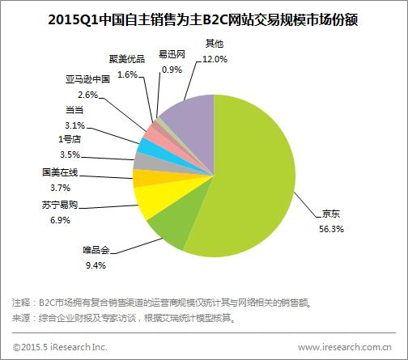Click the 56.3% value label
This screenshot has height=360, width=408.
tap(332, 229)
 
